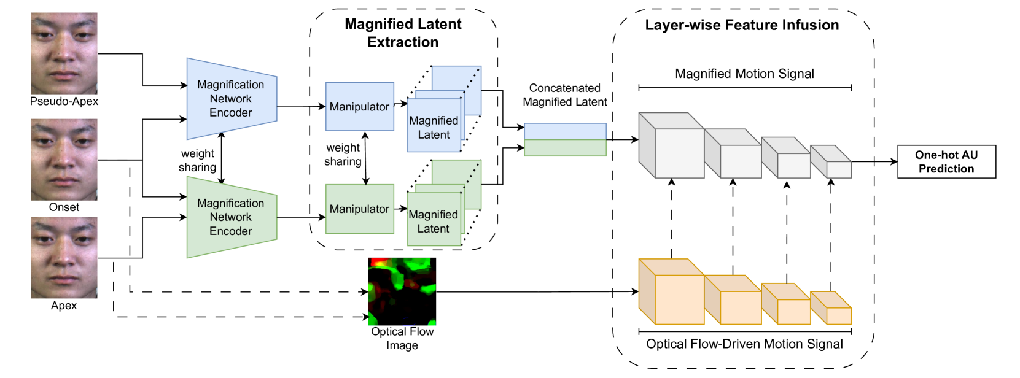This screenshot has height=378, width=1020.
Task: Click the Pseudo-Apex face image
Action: tap(64, 53)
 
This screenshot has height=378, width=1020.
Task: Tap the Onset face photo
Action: tap(64, 160)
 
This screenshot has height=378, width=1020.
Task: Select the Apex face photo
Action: tap(64, 258)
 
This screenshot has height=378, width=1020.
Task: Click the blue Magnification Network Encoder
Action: tap(231, 99)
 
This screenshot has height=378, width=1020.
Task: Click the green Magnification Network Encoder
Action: tap(231, 217)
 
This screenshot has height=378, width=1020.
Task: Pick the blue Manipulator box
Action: tap(359, 107)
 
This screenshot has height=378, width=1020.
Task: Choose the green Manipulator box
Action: tap(359, 209)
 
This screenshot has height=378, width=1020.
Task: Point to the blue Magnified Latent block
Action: tap(434, 125)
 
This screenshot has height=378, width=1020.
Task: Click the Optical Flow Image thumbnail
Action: tap(402, 291)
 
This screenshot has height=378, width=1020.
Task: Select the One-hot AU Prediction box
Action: tap(946, 162)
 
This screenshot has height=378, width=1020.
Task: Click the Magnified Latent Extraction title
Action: tap(403, 33)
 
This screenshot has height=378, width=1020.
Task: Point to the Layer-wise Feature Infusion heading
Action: tap(742, 25)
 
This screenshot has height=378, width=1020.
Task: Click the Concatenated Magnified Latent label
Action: tap(564, 95)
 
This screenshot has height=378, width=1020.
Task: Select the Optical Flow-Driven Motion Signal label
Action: tap(744, 344)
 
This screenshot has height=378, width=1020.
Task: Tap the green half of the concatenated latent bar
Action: tap(565, 148)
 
